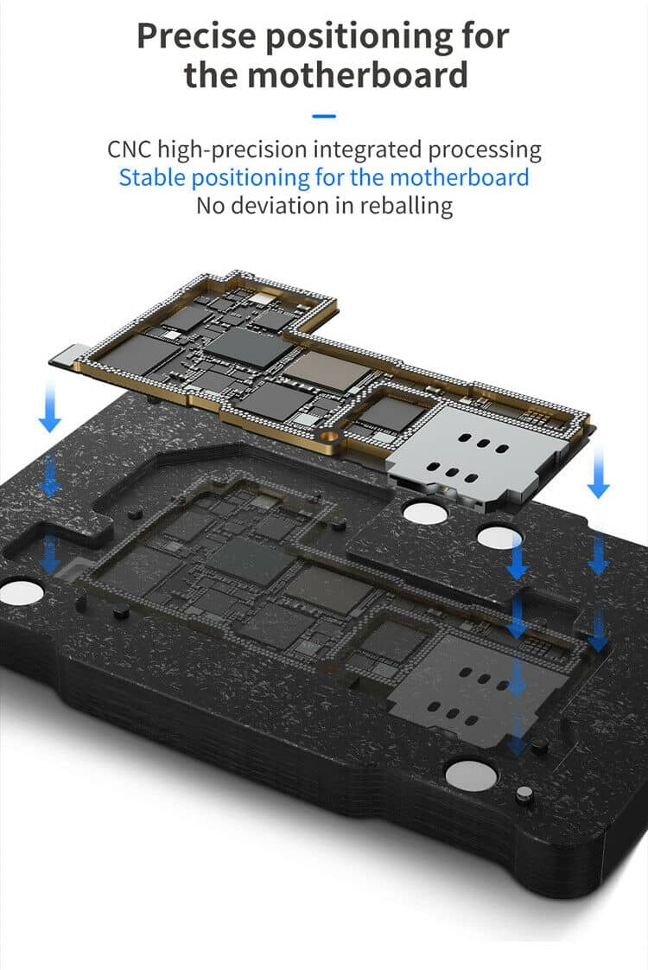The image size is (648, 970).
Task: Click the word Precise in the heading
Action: pos(195,36)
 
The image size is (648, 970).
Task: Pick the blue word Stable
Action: pos(152,178)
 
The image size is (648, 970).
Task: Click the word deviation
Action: pos(279,206)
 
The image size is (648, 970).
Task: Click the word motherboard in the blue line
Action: pos(460,178)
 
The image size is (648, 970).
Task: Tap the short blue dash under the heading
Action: pos(324,116)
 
